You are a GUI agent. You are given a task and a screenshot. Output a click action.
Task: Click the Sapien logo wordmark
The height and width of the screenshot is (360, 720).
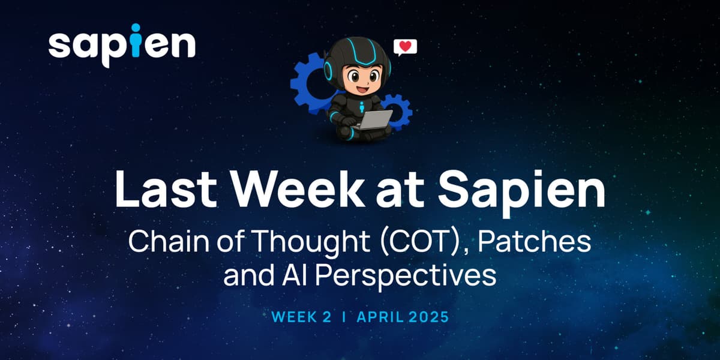[x=122, y=45]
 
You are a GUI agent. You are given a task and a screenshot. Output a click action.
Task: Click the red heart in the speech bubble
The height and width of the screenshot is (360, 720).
[x=405, y=46]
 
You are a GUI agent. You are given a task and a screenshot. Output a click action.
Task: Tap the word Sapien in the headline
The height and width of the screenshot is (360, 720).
[x=520, y=191]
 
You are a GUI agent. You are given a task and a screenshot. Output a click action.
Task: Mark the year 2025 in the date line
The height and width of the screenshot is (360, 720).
[x=428, y=317]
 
